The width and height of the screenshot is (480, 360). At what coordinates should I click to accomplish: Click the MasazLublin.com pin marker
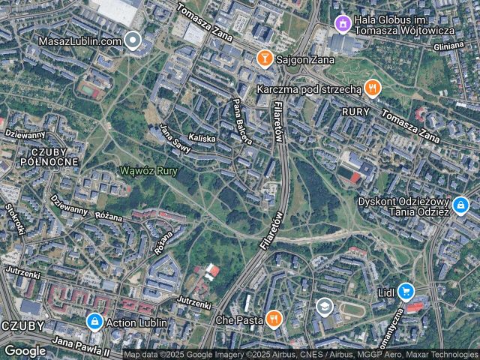pos(133,40)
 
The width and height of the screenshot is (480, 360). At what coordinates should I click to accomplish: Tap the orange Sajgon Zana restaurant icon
pos(264,57)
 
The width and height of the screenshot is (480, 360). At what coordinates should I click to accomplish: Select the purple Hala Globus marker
pos(343,24)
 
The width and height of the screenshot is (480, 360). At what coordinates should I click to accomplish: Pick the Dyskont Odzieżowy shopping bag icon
pos(460,204)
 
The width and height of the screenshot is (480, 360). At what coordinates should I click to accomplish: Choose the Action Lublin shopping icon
pos(94,322)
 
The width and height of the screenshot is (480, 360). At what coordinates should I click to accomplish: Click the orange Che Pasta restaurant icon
pos(274,319)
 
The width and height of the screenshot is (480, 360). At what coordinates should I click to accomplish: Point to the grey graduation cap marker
pos(324,306)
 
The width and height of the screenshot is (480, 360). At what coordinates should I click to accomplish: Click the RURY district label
pos(355,111)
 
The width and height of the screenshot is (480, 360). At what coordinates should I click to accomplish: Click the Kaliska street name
pos(202,139)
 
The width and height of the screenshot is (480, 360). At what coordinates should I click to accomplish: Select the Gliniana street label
pos(448,46)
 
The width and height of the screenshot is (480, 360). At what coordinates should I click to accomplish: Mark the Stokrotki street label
pos(15,218)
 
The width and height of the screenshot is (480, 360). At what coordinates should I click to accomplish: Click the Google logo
pos(25,350)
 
